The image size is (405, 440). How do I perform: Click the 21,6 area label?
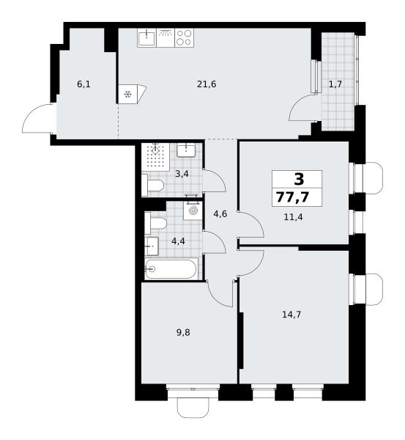[x=207, y=84]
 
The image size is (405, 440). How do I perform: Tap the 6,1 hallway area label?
[x=83, y=84]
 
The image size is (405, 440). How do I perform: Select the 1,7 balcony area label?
[x=335, y=84]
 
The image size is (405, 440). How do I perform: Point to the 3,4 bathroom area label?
[x=182, y=174]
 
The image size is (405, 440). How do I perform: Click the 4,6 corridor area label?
[x=220, y=214]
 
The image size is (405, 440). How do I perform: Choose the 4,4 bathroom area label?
[x=178, y=241]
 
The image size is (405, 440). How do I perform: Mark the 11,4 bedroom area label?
[x=293, y=217]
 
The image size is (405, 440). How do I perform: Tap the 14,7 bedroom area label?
[x=291, y=315]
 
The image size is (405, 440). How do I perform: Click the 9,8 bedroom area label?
[x=183, y=332]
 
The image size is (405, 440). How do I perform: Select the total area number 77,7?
[x=293, y=197]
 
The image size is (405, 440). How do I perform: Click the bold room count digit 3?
[x=299, y=179]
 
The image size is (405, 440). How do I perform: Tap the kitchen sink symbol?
[x=146, y=37]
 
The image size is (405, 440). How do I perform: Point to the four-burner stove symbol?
[x=185, y=37]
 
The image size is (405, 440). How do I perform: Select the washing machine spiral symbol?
[x=193, y=210]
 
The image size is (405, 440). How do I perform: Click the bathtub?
[x=171, y=269]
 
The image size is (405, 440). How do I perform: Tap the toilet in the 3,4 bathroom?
[x=153, y=186]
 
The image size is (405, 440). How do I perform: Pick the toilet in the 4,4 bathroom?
[x=156, y=224]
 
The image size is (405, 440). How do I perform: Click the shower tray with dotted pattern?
[x=155, y=157]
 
